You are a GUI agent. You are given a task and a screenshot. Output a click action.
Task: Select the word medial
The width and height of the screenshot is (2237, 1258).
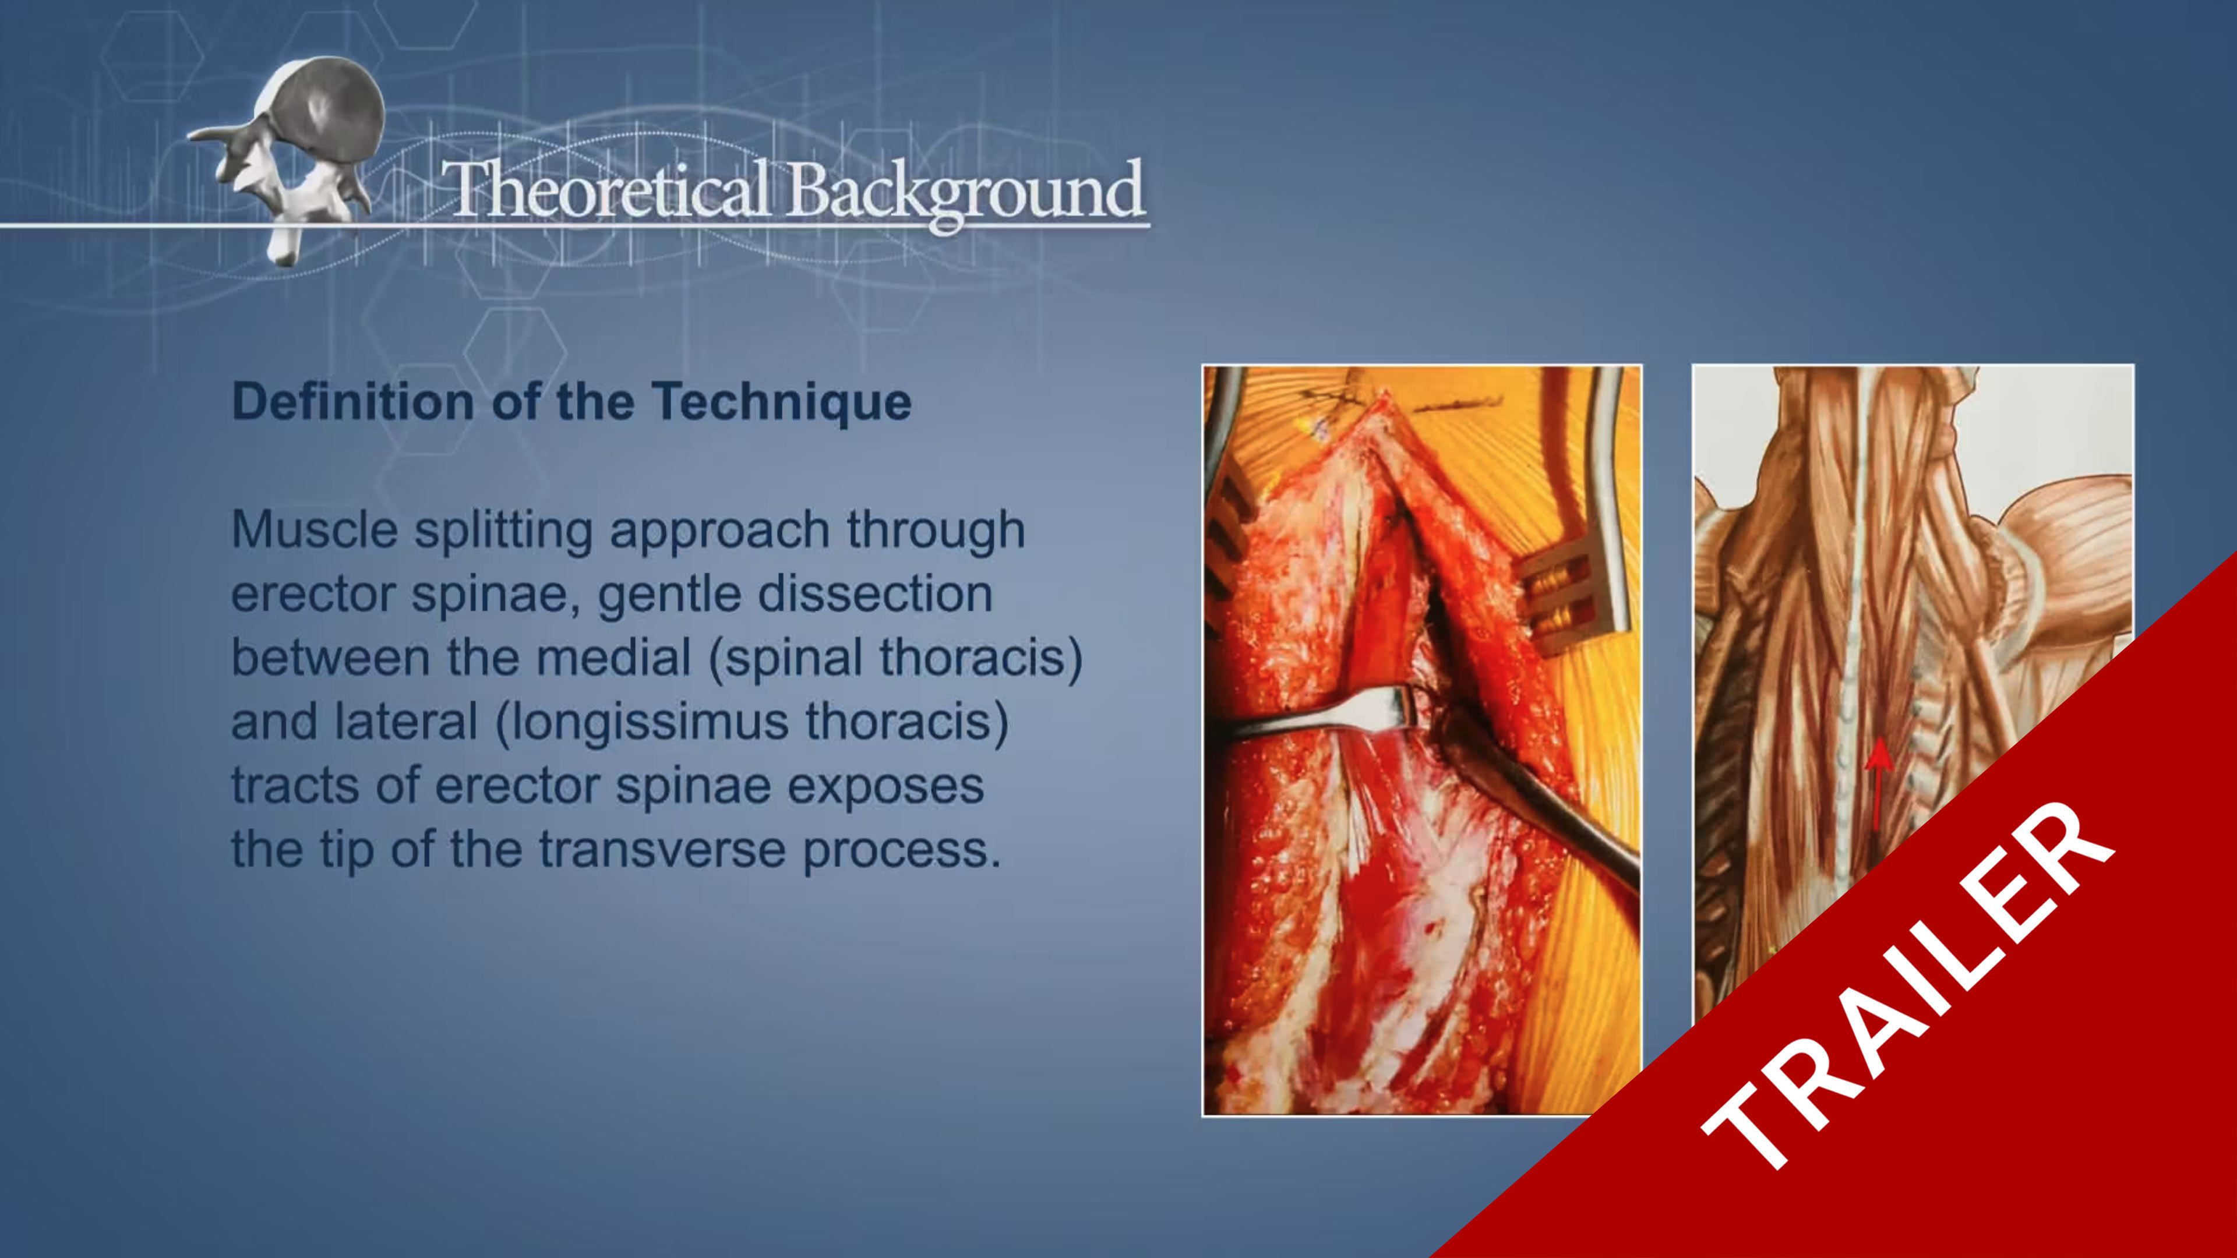coord(613,657)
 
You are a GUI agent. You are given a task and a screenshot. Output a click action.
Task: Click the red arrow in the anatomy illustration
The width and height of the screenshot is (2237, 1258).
coord(1878,782)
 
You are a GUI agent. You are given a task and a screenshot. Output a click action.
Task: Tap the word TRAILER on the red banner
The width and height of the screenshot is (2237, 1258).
coord(1906,985)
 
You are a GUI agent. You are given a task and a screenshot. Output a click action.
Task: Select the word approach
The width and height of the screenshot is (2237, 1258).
coord(719,531)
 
